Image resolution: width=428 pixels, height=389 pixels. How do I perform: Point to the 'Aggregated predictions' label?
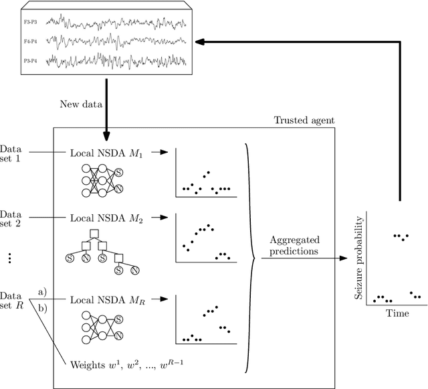(294, 246)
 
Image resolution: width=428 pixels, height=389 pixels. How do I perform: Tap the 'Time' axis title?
(398, 313)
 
